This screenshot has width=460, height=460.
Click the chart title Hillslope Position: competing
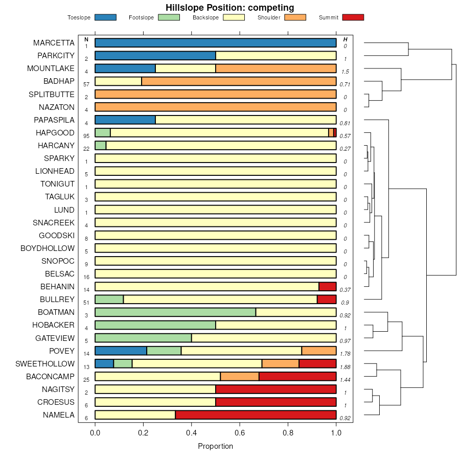229,7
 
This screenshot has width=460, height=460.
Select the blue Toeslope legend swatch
105,17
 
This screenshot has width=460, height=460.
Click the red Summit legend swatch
353,17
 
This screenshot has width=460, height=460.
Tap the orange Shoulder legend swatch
295,17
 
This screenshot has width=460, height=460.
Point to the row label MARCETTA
54,43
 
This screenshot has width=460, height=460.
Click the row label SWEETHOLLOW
45,364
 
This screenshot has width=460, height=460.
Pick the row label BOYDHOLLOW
48,248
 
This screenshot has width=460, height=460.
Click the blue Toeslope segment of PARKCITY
155,56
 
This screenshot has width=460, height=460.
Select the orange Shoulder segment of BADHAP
239,81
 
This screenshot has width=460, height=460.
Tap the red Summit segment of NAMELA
256,415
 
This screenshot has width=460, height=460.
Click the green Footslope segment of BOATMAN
175,312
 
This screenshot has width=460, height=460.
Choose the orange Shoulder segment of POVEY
319,351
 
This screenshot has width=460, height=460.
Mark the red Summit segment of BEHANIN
328,287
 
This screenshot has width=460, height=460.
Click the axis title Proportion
215,446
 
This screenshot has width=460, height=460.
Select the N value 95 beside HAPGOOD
86,136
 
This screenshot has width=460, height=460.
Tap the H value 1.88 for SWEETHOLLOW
346,367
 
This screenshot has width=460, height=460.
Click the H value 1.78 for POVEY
346,354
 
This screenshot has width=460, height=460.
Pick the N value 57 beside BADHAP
86,84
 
